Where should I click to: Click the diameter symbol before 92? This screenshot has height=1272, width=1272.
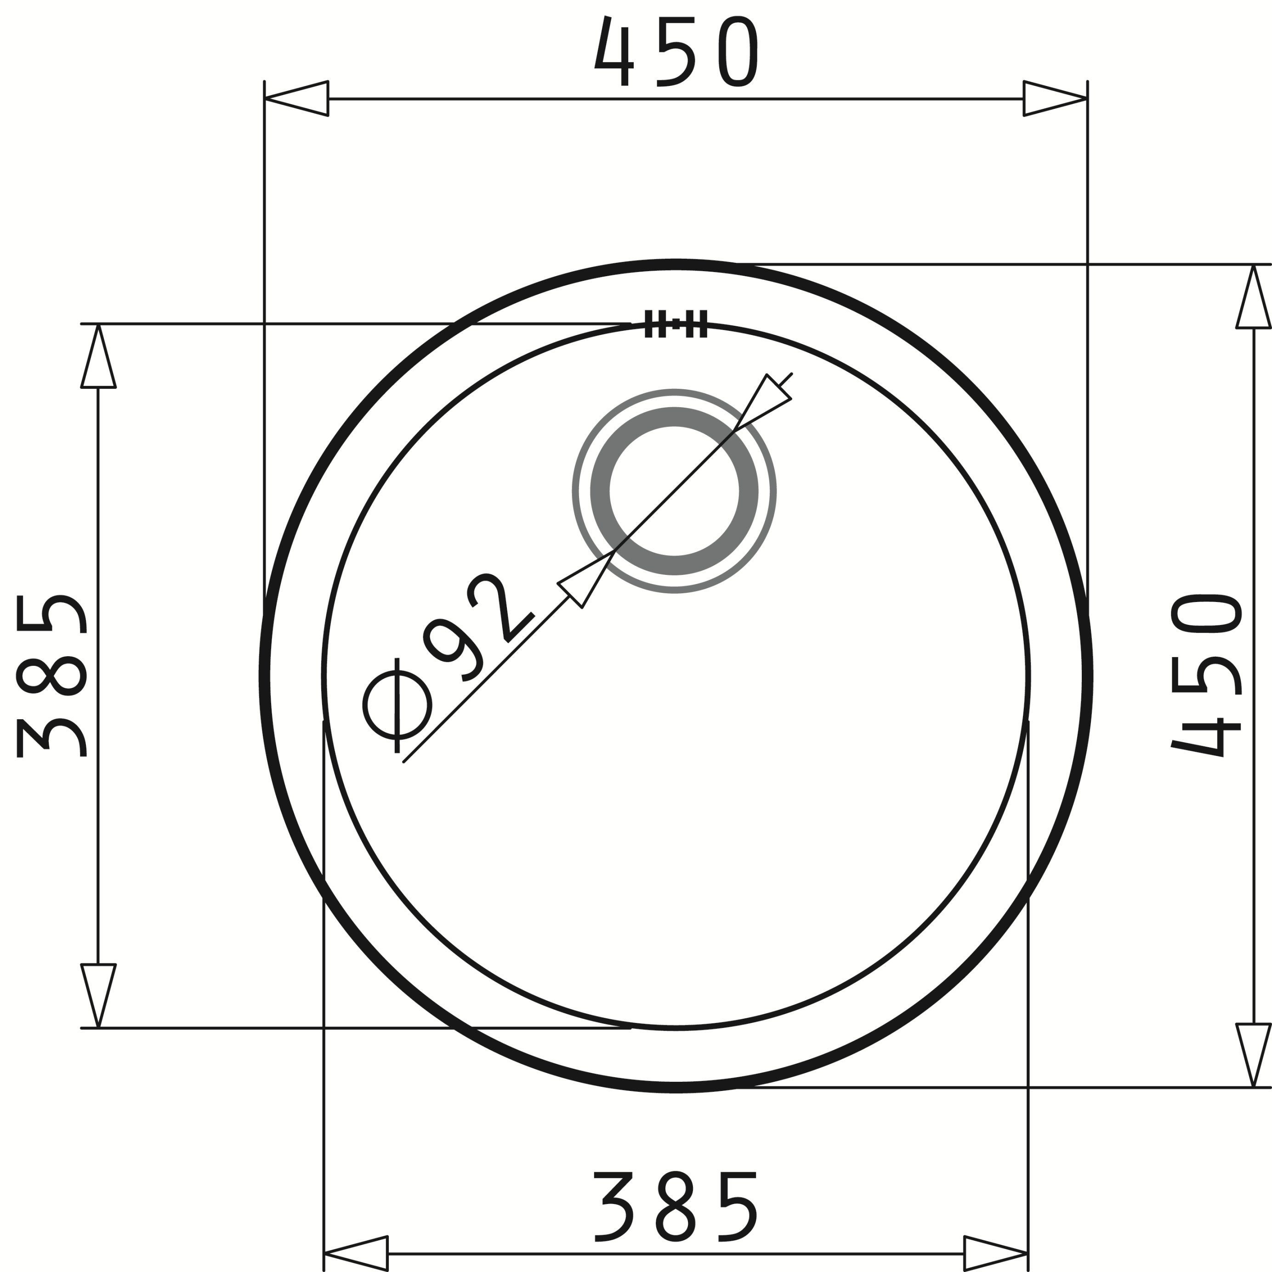pos(397,704)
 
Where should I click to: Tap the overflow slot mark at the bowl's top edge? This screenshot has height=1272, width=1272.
pos(676,323)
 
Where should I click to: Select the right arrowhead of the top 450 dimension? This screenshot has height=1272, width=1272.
pos(1056,99)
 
